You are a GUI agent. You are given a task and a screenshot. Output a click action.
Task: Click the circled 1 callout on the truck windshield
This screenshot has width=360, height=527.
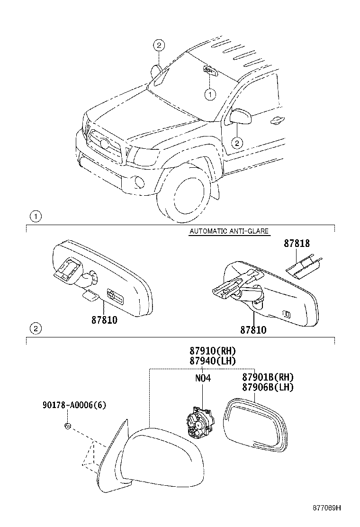point(209,95)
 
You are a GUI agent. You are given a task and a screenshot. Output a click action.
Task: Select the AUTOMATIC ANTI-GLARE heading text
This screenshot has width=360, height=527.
point(229,231)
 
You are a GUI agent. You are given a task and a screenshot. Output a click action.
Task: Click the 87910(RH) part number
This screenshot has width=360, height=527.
point(212,351)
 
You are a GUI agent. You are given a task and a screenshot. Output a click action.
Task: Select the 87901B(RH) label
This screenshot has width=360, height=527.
point(268,377)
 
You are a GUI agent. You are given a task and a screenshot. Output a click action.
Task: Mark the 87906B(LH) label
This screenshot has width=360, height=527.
point(268,387)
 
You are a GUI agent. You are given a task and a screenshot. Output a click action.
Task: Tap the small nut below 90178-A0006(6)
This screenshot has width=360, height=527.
point(67,426)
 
